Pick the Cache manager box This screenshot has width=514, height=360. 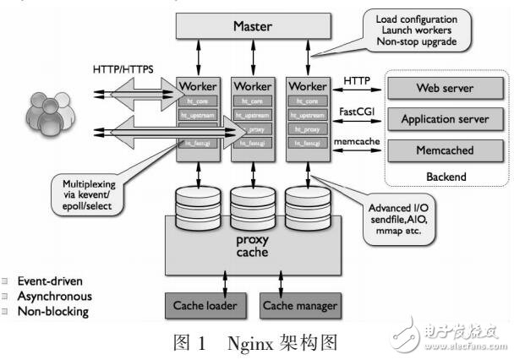point(298,306)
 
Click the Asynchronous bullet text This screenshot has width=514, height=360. point(56,297)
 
